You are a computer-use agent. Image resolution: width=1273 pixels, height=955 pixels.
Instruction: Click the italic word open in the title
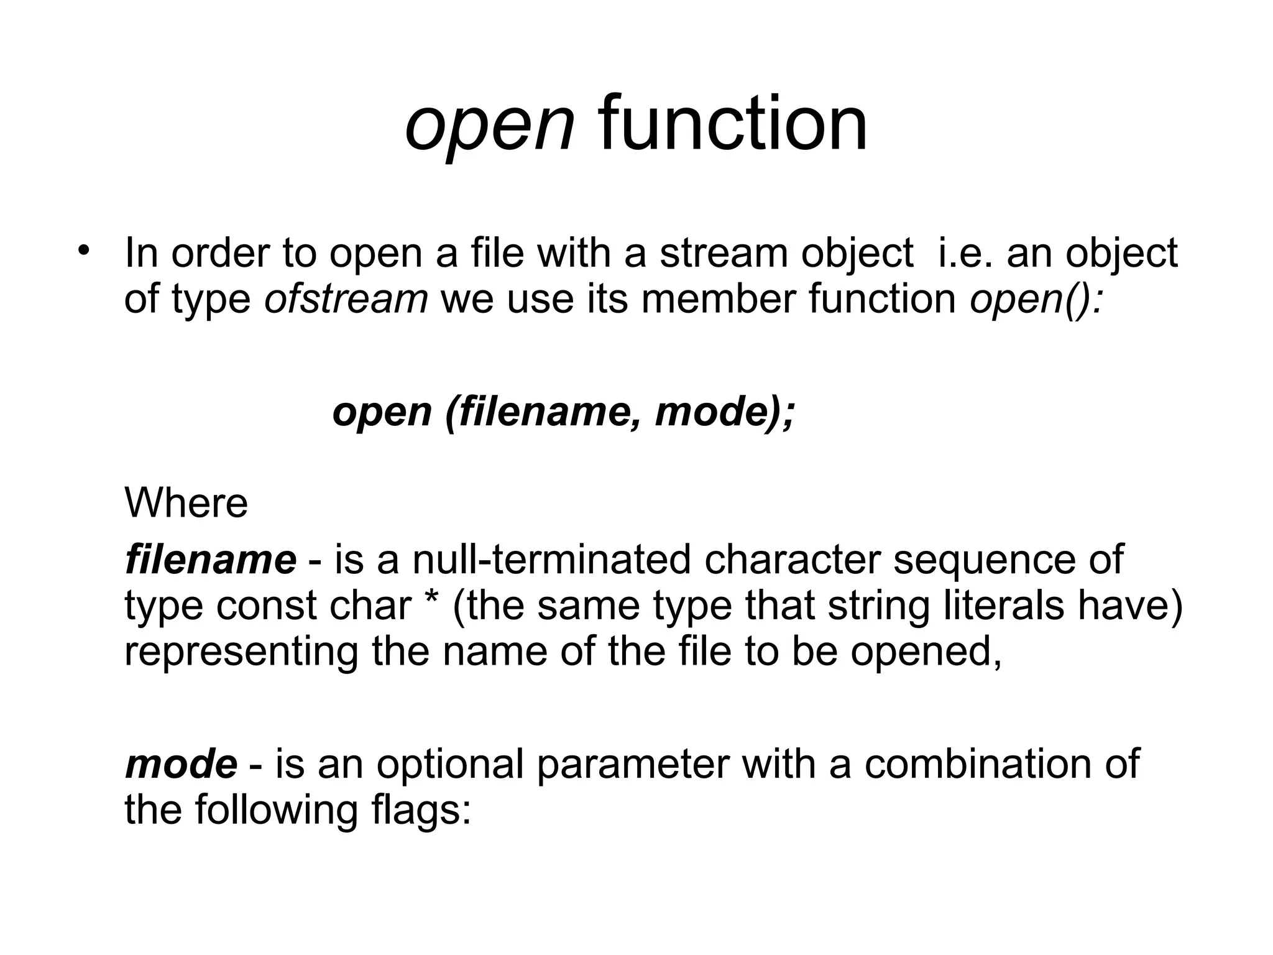[489, 126]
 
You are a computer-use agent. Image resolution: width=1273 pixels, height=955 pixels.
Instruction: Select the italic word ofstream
[346, 298]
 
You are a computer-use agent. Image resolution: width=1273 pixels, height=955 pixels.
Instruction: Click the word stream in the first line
[724, 254]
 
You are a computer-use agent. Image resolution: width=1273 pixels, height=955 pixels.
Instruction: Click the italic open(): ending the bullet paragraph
[1036, 300]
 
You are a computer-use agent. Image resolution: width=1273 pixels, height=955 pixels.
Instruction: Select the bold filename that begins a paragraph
[211, 559]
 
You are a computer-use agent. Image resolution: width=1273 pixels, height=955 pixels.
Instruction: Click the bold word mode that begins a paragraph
[181, 764]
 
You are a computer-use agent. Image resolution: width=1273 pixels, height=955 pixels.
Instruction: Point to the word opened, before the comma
[926, 652]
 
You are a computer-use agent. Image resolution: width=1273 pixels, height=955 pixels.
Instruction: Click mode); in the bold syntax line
[725, 412]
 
